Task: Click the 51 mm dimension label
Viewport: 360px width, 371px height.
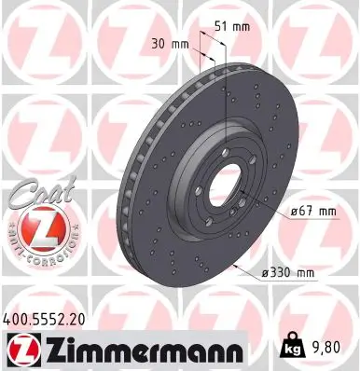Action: pyautogui.click(x=234, y=26)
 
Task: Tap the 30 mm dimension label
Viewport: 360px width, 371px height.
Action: pyautogui.click(x=168, y=42)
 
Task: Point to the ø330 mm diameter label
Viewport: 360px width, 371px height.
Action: pyautogui.click(x=288, y=273)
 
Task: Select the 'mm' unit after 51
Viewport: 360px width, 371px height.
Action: pyautogui.click(x=244, y=26)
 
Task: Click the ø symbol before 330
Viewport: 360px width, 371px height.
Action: pyautogui.click(x=266, y=273)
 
